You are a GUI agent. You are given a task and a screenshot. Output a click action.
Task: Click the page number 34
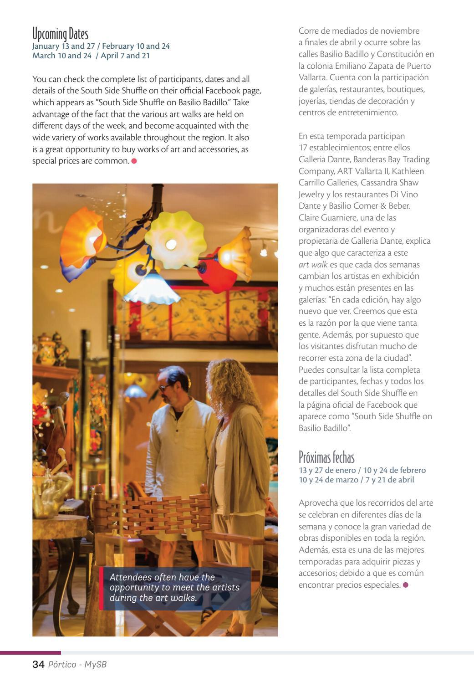[38, 665]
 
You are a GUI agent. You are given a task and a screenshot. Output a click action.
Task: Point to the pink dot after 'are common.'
[134, 161]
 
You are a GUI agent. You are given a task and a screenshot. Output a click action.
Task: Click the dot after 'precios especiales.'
[406, 585]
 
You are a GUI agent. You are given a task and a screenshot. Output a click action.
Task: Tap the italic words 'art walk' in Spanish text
[313, 265]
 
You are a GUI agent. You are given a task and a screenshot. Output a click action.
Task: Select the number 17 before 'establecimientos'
[303, 148]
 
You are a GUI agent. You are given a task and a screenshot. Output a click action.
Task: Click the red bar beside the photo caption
[101, 588]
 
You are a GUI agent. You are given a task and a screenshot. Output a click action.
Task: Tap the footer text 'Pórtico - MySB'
[76, 665]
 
